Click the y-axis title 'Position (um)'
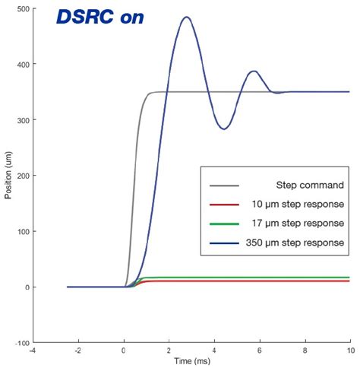[x=8, y=176]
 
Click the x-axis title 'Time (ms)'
[x=191, y=360]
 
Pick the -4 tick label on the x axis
[x=33, y=351]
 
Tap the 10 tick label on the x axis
[x=349, y=351]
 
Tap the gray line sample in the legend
[x=222, y=185]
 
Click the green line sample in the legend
[x=222, y=224]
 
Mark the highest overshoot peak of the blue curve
[x=187, y=17]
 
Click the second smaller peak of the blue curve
[x=254, y=71]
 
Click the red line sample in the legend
[x=222, y=204]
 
